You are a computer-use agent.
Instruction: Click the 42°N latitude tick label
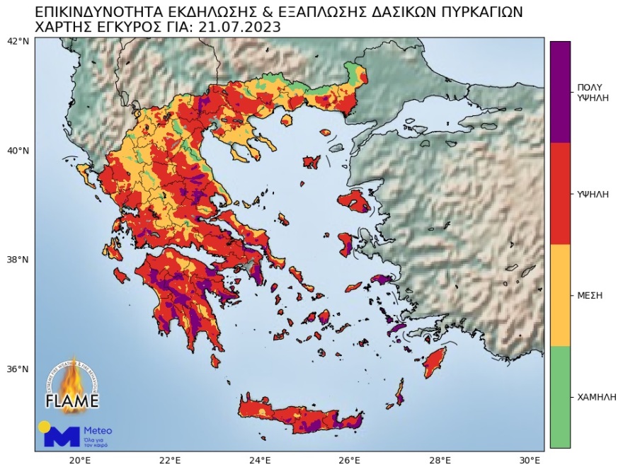(x=18, y=41)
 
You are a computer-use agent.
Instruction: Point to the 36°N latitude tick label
(x=18, y=369)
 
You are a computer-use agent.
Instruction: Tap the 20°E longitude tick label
(x=79, y=460)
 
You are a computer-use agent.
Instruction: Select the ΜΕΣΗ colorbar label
(x=590, y=295)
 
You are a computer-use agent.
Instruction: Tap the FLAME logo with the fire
(x=72, y=386)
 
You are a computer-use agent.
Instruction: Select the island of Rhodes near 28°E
(x=434, y=362)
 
